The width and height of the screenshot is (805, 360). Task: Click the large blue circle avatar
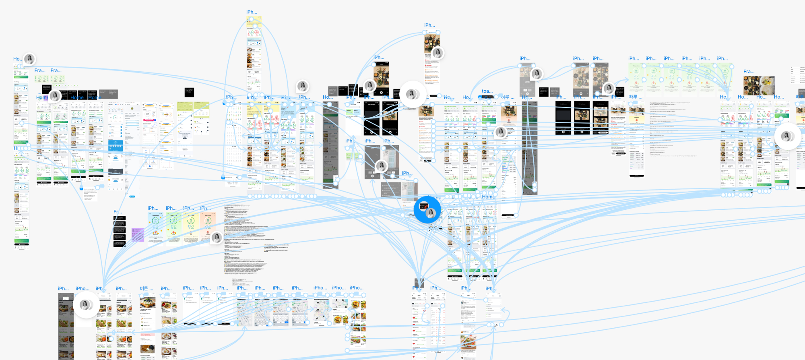pos(427,210)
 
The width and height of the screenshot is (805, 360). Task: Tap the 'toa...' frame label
pos(487,91)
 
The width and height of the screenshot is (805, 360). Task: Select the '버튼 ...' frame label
pos(146,289)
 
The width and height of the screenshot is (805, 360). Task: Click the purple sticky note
pos(138,235)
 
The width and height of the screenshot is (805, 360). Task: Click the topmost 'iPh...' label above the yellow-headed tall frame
pos(252,12)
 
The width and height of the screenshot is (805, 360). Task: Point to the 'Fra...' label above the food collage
pos(749,72)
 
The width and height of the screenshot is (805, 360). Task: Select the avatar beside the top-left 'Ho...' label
pos(29,59)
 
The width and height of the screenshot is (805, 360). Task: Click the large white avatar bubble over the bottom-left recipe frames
pos(86,305)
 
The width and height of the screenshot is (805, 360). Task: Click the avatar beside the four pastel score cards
pos(217,238)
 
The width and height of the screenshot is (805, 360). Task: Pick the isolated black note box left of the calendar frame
pos(189,92)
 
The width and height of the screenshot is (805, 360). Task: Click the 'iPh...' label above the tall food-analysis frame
pos(429,25)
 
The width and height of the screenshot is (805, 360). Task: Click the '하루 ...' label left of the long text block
pos(636,97)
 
